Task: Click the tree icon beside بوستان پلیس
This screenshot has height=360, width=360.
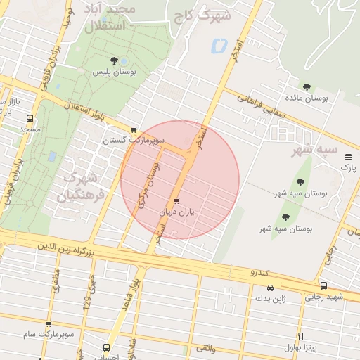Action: click(115, 61)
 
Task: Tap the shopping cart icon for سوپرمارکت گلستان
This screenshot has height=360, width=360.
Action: click(134, 130)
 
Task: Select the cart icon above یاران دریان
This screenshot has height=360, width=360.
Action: click(176, 200)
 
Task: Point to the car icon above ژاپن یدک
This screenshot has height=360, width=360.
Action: click(271, 288)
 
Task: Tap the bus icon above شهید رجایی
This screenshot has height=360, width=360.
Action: click(323, 286)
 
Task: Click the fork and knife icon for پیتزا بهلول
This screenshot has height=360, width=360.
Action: click(300, 336)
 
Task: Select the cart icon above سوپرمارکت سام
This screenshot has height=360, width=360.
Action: click(49, 325)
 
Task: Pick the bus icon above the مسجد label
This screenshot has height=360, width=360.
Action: click(30, 119)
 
